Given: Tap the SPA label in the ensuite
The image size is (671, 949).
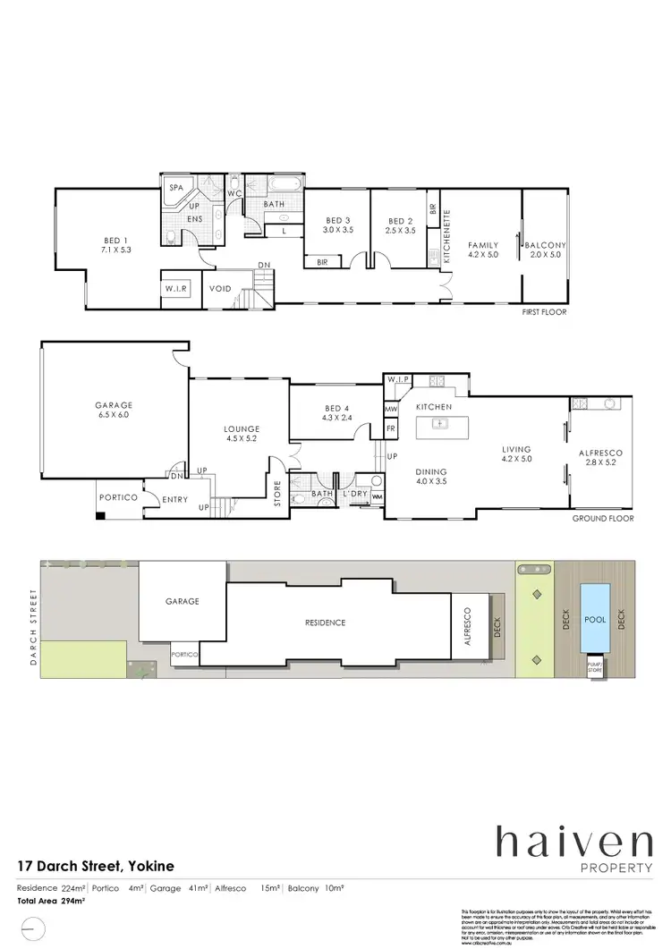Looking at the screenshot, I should pos(176,190).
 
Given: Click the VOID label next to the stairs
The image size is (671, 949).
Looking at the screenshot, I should pos(220,289).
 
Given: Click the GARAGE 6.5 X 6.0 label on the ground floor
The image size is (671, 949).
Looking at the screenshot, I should pos(114,410).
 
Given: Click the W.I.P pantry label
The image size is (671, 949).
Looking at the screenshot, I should pos(396,381).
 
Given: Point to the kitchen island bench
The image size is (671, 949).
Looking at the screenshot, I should pos(439,422).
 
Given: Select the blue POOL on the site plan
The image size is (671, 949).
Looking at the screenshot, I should pos(594,618).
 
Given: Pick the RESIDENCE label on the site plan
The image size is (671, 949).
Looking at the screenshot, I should pos(324,623).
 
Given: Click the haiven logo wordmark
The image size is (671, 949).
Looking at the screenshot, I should pos(575,844).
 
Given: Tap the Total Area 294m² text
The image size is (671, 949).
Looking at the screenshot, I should pos(51,901).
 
